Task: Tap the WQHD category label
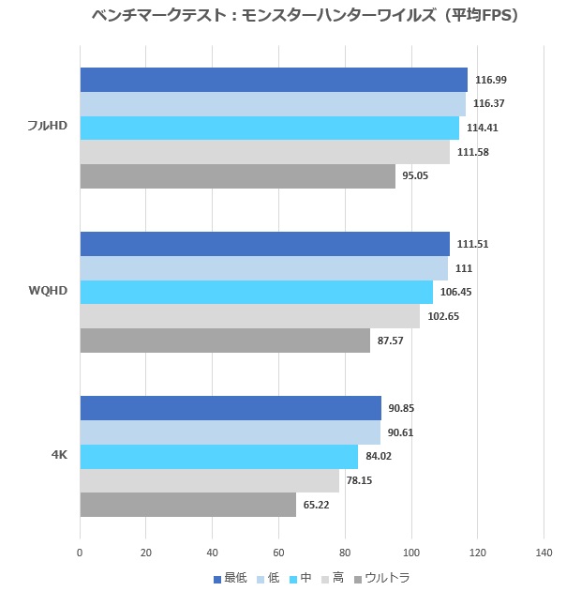coord(48,291)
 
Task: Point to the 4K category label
coord(58,455)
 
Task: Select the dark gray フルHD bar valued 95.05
coord(238,176)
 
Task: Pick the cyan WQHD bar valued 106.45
coord(257,292)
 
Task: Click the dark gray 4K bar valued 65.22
coord(188,505)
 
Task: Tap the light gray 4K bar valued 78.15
coord(210,480)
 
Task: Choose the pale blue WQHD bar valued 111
coord(264,268)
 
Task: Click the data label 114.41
coord(484,129)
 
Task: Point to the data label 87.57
coord(390,341)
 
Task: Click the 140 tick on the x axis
coord(544,553)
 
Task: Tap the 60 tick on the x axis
coord(279,553)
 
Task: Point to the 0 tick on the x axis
coord(81,553)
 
